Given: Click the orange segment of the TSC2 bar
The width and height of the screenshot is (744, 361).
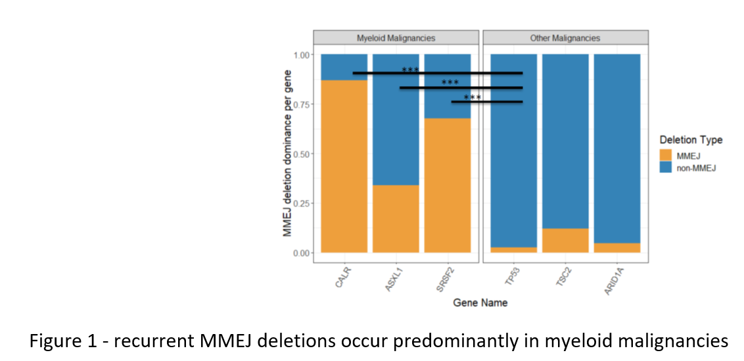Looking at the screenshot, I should pyautogui.click(x=565, y=241).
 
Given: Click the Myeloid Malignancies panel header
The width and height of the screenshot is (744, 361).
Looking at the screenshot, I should pyautogui.click(x=396, y=38).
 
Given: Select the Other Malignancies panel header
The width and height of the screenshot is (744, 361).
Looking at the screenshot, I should pyautogui.click(x=565, y=38).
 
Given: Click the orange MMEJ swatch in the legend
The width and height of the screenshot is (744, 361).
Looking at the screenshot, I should pyautogui.click(x=665, y=155).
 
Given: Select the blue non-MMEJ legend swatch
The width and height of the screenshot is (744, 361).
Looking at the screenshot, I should pyautogui.click(x=665, y=168).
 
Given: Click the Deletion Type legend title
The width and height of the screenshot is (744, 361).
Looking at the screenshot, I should pyautogui.click(x=690, y=140).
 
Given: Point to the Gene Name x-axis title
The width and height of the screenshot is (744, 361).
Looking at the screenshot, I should pyautogui.click(x=480, y=303).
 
